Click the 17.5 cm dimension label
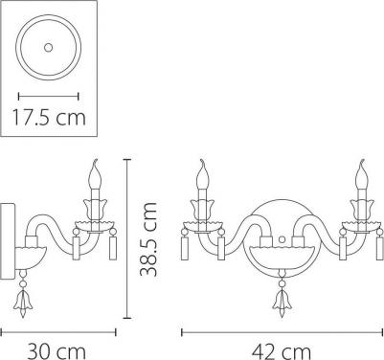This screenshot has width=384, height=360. point(49,117)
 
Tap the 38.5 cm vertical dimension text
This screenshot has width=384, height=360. point(149,238)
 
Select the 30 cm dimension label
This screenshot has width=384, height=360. point(56,351)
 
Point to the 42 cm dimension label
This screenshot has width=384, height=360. point(282,352)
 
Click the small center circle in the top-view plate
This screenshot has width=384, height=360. point(48,48)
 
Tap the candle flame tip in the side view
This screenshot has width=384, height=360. point(95,160)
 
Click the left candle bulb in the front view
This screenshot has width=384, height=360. point(202,175)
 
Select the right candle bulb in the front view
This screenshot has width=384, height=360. point(362,175)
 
